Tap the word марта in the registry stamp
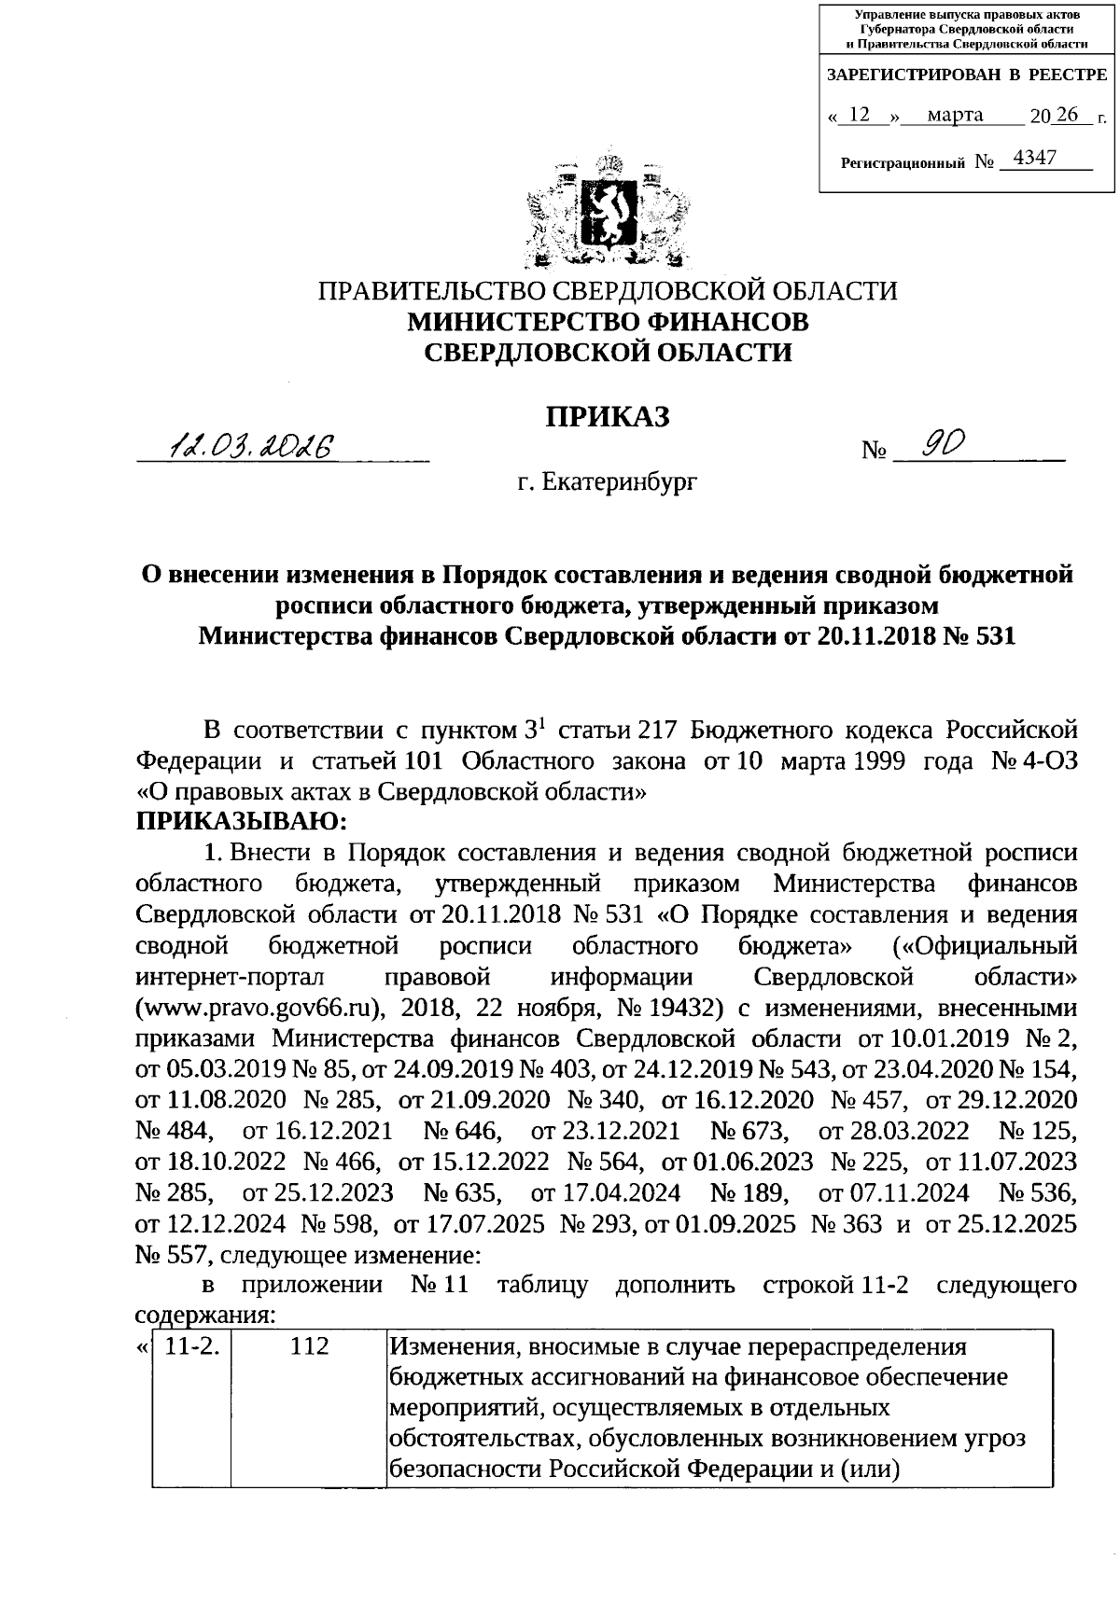pos(948,115)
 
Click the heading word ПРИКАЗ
pos(608,417)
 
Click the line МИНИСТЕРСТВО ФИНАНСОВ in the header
pos(608,321)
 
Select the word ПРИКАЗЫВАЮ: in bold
pos(241,821)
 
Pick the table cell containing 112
pos(309,1346)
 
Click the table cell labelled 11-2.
pos(191,1346)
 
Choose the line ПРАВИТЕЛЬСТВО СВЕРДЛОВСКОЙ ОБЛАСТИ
pos(608,291)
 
